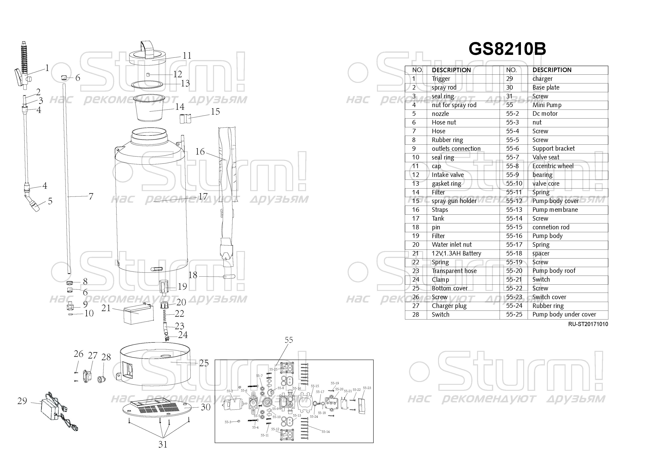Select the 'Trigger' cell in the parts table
coord(441,79)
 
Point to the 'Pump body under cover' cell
coord(564,314)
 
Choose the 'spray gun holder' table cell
coord(454,201)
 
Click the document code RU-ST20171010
coord(588,324)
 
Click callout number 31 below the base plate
coord(163,444)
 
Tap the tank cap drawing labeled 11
coord(148,56)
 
